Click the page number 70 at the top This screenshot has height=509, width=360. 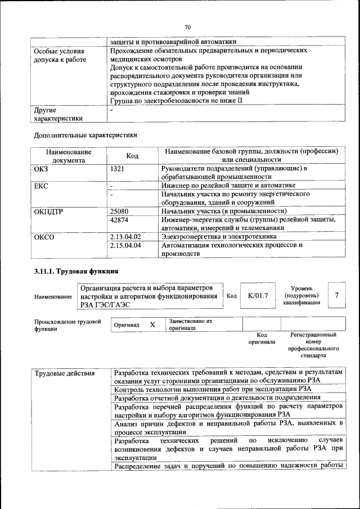pyautogui.click(x=188, y=26)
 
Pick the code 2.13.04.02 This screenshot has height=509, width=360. pyautogui.click(x=125, y=237)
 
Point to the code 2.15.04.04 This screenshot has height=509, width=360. pyautogui.click(x=125, y=245)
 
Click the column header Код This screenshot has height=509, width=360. pyautogui.click(x=132, y=156)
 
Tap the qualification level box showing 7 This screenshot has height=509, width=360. pyautogui.click(x=336, y=295)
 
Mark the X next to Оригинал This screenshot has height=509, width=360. pyautogui.click(x=152, y=325)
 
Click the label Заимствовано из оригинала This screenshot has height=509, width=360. pyautogui.click(x=190, y=325)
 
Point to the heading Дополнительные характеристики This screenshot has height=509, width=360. pyautogui.click(x=85, y=135)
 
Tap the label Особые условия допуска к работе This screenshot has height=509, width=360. pyautogui.click(x=60, y=55)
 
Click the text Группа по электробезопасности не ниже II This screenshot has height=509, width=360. pyautogui.click(x=176, y=101)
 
